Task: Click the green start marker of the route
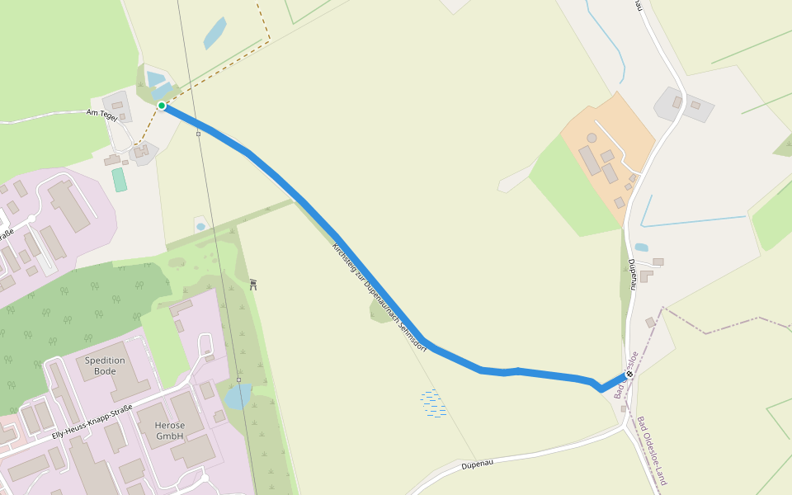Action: (162, 106)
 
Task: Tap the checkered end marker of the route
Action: (629, 374)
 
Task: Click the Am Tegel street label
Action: (103, 115)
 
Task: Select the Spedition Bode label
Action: (105, 365)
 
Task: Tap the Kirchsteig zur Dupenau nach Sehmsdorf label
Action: (379, 297)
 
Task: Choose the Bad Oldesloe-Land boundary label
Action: (651, 450)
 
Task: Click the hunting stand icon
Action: (253, 285)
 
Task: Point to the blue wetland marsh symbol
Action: (433, 403)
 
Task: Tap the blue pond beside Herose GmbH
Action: (238, 397)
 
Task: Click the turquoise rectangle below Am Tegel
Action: (120, 180)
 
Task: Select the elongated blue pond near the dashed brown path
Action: (215, 33)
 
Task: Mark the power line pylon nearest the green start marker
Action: (198, 134)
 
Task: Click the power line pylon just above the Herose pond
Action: (238, 380)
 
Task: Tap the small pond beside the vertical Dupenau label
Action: (641, 247)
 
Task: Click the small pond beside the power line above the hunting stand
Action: (200, 226)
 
